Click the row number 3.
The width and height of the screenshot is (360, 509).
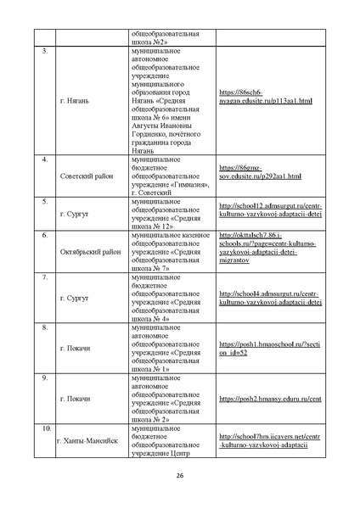click(43, 53)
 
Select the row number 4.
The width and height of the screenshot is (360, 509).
click(43, 159)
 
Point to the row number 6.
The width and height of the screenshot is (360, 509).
click(43, 233)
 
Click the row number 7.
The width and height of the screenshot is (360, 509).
click(43, 278)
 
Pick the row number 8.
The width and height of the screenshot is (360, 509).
click(43, 327)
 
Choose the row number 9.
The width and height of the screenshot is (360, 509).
click(43, 376)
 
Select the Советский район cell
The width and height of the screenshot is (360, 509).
click(87, 176)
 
